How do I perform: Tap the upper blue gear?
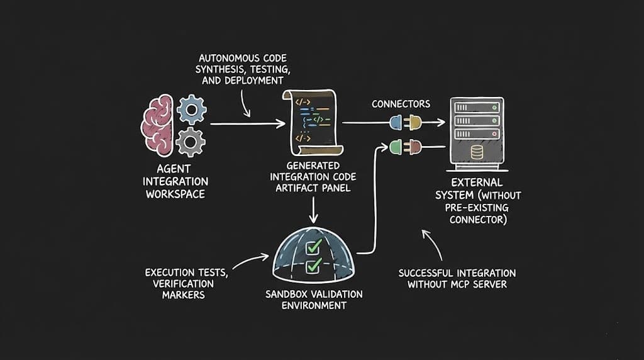(191, 110)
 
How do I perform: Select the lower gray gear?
(190, 142)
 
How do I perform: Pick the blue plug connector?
(397, 121)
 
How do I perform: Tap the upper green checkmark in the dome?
(314, 245)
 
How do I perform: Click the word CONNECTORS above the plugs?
(401, 103)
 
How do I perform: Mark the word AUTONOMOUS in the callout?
(218, 58)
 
